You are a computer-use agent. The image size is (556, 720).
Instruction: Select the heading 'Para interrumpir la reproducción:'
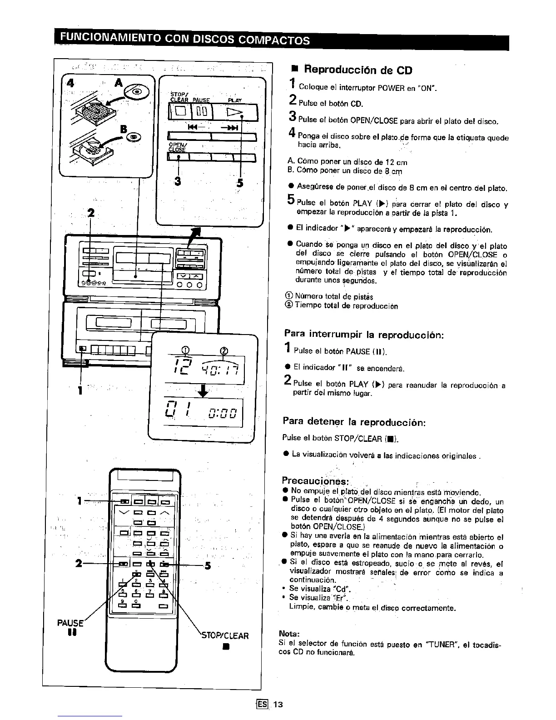pos(363,335)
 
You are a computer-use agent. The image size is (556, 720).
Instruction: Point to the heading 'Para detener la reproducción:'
pos(354,422)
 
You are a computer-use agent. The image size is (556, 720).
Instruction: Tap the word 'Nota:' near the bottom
pos(288,634)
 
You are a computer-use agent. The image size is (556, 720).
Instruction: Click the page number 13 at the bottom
pos(278,705)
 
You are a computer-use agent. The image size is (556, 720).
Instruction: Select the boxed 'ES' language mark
pos(261,705)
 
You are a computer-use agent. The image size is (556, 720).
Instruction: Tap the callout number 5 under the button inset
pos(240,183)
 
